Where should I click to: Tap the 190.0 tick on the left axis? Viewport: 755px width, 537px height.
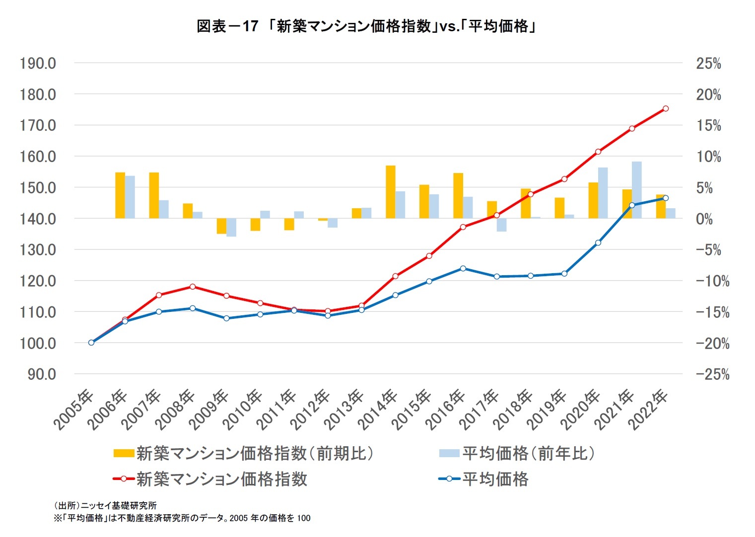click(38, 63)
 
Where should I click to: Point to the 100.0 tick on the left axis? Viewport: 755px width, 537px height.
click(38, 343)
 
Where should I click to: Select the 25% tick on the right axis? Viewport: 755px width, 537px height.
click(708, 63)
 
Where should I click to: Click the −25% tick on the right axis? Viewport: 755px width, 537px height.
click(712, 374)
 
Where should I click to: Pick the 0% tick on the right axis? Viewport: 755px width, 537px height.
click(704, 219)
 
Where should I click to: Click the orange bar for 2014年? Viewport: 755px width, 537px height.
click(391, 192)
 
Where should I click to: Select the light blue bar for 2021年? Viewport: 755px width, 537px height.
click(636, 190)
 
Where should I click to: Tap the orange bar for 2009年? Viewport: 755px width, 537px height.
click(221, 226)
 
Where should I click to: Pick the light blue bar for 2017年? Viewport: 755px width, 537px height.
click(501, 225)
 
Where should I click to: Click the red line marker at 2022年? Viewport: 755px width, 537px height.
click(666, 109)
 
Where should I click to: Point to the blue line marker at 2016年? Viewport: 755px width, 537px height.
click(463, 268)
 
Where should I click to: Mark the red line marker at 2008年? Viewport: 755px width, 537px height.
click(193, 287)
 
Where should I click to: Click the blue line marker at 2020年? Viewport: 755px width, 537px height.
click(598, 243)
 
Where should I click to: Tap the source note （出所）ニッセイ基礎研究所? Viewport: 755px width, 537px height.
click(105, 505)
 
